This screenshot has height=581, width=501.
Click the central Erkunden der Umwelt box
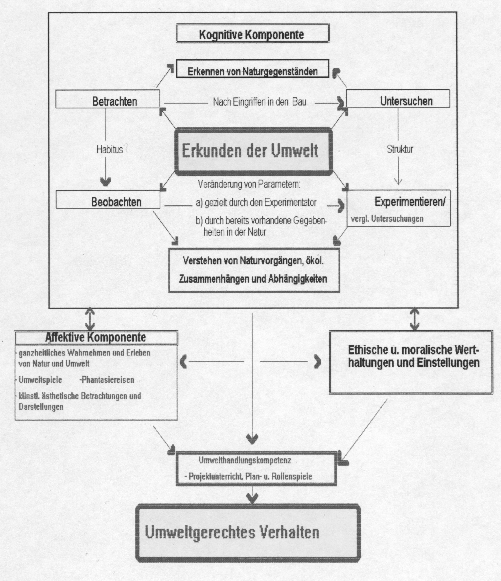point(253,151)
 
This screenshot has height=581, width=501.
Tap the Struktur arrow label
point(400,149)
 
